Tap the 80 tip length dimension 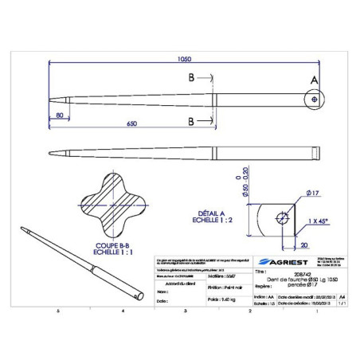61,116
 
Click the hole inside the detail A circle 316,100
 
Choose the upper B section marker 191,79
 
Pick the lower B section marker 191,121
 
